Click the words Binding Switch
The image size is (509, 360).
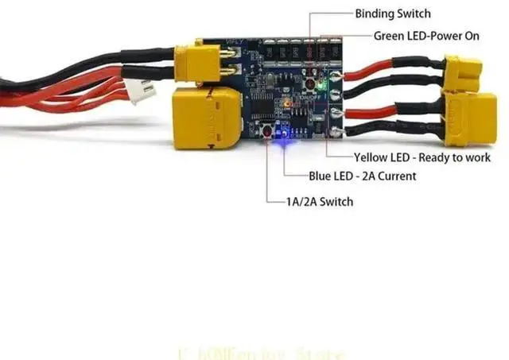coord(392,14)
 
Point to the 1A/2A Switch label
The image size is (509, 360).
coord(319,201)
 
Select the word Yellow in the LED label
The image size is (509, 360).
coord(371,157)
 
